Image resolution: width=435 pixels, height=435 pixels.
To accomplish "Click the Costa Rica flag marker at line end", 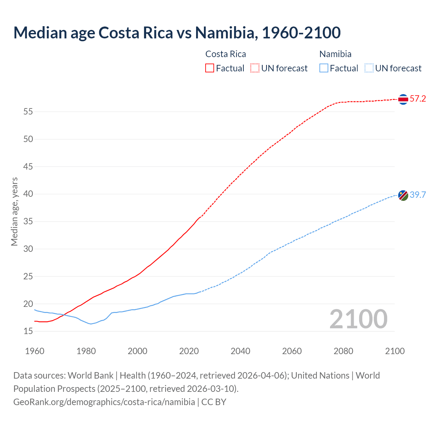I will tap(403, 99).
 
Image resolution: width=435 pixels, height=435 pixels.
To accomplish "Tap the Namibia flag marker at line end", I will tap(403, 195).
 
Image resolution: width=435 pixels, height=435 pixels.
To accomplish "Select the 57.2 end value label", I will tap(418, 99).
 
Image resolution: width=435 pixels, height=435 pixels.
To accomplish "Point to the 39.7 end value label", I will tap(418, 195).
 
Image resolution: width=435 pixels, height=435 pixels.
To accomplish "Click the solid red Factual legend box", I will tap(210, 68).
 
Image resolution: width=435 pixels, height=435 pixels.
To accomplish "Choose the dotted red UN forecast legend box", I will tap(255, 68).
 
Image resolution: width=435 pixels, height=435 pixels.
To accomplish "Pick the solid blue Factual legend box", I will tap(324, 68).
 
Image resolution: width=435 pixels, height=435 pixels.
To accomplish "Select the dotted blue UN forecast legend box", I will tap(369, 68).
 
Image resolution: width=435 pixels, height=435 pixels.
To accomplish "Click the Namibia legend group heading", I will tap(335, 54).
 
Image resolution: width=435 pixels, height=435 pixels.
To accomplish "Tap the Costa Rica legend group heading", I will tap(226, 54).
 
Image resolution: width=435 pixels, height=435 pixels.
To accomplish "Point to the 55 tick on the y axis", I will tap(28, 111).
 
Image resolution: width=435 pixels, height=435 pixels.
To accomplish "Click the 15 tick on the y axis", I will tap(28, 331).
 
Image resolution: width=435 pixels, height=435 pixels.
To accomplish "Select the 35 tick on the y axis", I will tap(28, 221).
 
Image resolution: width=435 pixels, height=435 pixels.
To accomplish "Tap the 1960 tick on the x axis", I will tap(35, 351).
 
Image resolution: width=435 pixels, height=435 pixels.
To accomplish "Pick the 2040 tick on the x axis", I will tap(240, 351).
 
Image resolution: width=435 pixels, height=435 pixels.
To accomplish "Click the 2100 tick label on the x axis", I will tap(395, 351).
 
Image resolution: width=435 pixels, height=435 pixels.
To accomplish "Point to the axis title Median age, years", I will tap(14, 211).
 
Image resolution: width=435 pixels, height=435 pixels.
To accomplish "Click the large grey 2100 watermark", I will tap(358, 319).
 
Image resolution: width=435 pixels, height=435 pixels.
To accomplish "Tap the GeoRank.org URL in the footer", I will tap(104, 402).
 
